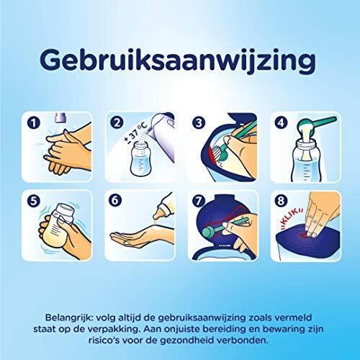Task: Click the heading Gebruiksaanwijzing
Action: click(178, 61)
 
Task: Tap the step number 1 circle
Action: click(34, 123)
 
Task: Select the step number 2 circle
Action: click(117, 122)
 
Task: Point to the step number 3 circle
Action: click(199, 122)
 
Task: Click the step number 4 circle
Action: click(281, 122)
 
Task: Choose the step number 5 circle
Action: click(34, 200)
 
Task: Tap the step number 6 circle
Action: click(115, 200)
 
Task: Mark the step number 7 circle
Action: click(198, 200)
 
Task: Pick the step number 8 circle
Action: click(281, 200)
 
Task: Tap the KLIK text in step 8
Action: click(292, 218)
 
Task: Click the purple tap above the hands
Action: click(60, 118)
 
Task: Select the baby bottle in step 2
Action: click(141, 158)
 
